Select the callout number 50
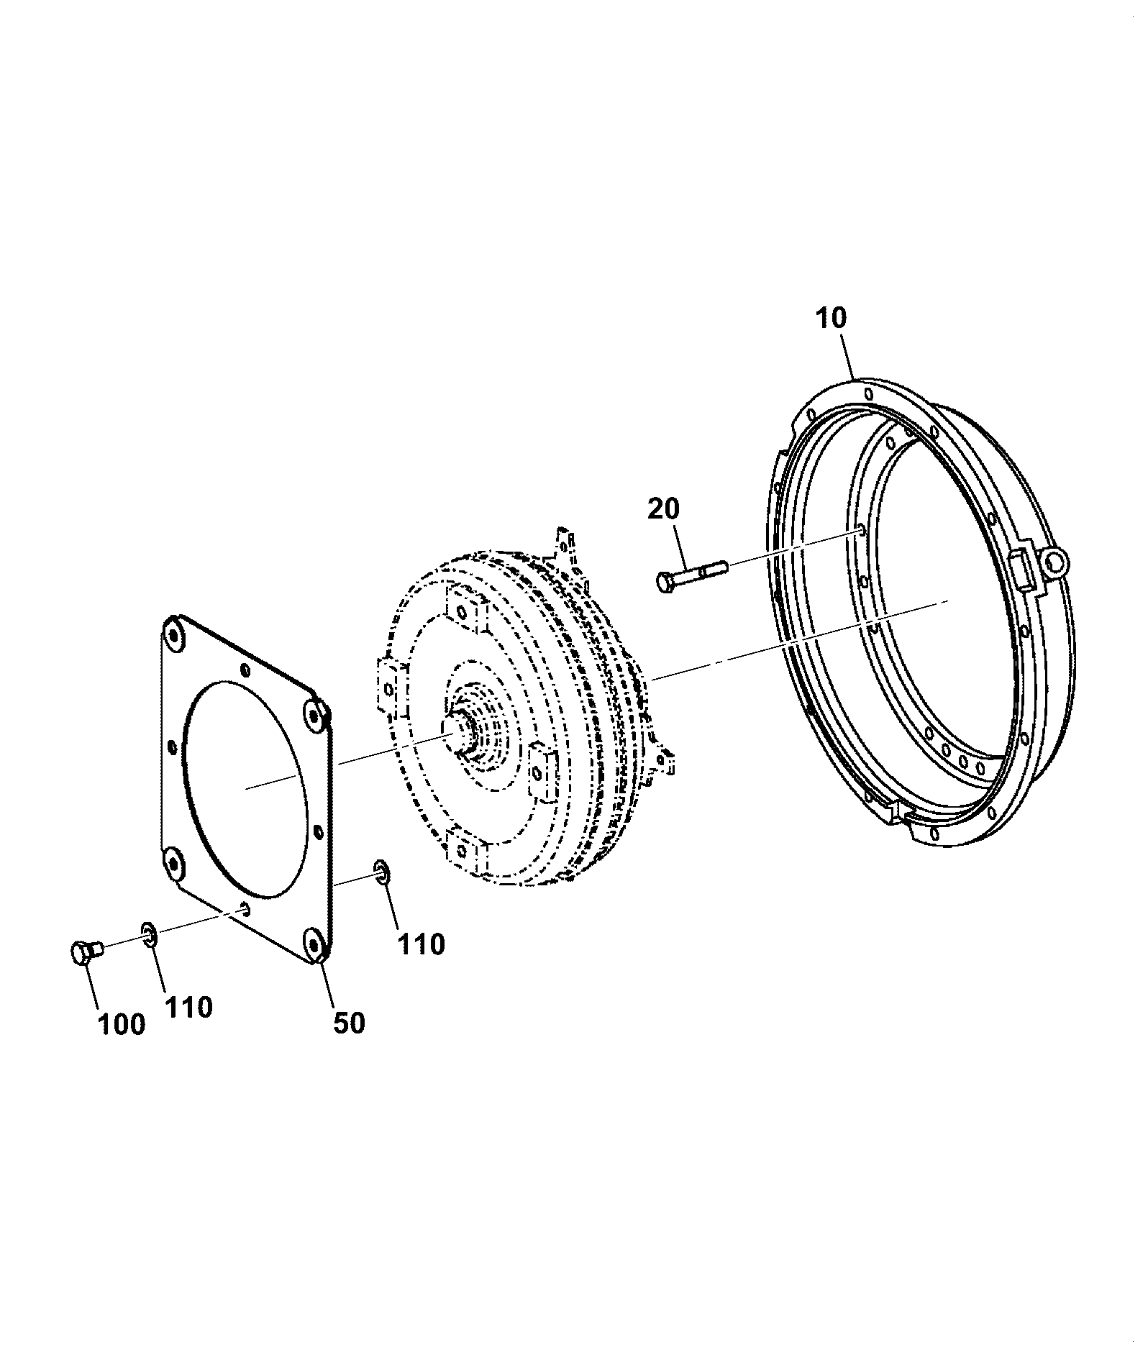[349, 1022]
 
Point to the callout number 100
[122, 1025]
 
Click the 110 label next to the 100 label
[189, 1007]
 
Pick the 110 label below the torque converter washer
[422, 944]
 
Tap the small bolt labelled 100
[88, 952]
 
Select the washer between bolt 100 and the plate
[150, 934]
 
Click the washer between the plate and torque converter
[381, 872]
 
